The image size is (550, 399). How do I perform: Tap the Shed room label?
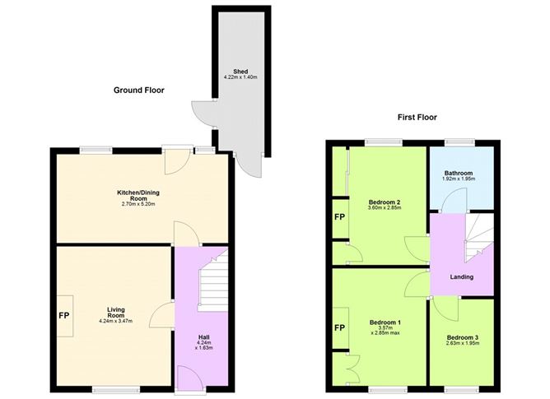pyautogui.click(x=240, y=71)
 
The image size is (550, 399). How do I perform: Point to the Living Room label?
pyautogui.click(x=114, y=313)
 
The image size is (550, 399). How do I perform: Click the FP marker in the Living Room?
pyautogui.click(x=63, y=315)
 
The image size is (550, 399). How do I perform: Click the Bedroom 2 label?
pyautogui.click(x=385, y=202)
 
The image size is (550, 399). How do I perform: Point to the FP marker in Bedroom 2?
pyautogui.click(x=339, y=218)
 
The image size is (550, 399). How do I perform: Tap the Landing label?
pyautogui.click(x=461, y=277)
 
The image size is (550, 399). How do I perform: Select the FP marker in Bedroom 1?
pyautogui.click(x=339, y=327)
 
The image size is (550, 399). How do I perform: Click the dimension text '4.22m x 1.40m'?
pyautogui.click(x=240, y=77)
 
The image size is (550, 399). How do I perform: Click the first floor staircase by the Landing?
pyautogui.click(x=478, y=239)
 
